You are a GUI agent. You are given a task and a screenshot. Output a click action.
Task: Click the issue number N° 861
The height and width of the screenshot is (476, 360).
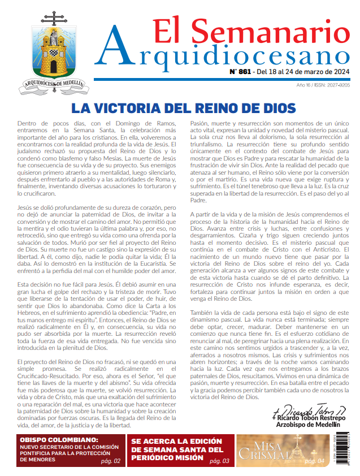pyautogui.click(x=240, y=72)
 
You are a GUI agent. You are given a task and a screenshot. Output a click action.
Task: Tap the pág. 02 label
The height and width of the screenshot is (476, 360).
pyautogui.click(x=110, y=461)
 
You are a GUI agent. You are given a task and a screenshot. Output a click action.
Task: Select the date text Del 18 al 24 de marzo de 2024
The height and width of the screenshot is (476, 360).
pyautogui.click(x=303, y=72)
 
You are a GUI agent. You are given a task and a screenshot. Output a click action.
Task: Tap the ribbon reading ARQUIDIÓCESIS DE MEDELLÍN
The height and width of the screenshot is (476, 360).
pyautogui.click(x=55, y=84)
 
